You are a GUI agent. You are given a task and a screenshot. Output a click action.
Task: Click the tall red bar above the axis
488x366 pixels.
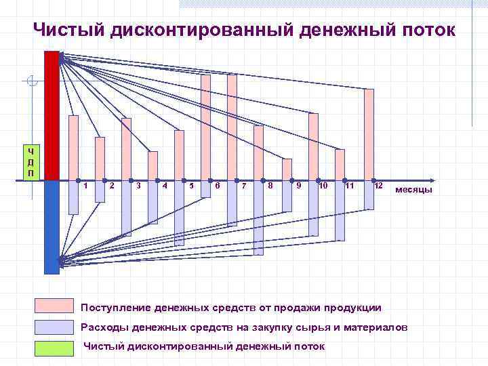52,115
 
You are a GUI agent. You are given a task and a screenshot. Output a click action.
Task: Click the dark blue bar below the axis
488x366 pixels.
52,227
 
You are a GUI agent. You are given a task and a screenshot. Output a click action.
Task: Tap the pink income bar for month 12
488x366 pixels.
369,136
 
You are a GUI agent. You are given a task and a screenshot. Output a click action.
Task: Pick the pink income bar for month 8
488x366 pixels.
258,153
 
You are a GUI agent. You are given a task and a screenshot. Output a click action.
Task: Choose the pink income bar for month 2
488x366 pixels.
100,159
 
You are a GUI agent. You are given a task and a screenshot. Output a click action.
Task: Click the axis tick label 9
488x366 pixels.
299,185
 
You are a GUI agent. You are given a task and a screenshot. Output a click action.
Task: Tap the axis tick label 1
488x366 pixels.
86,185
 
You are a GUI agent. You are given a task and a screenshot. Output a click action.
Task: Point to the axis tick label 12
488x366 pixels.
379,185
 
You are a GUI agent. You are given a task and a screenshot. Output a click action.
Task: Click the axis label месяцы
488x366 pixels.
413,189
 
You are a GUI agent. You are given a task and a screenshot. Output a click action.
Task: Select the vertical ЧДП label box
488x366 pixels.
30,162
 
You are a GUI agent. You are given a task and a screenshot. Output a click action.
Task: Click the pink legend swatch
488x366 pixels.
54,307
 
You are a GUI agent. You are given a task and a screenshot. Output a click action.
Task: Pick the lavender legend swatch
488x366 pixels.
54,327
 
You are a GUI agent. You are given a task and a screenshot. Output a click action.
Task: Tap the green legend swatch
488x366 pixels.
54,348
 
